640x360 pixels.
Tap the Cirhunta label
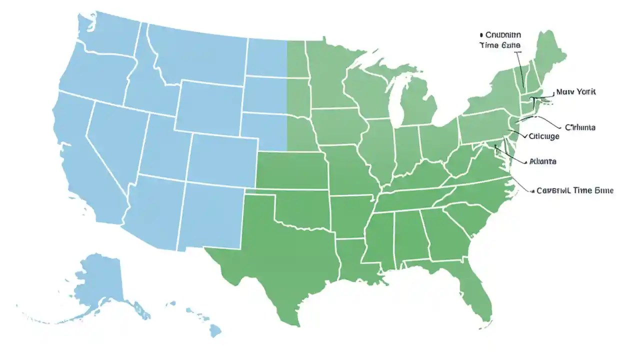579,127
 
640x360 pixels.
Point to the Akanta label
542,161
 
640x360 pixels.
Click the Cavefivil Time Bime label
574,190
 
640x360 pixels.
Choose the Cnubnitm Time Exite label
500,40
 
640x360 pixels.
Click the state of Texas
280,250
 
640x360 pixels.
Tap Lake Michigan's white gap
396,107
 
